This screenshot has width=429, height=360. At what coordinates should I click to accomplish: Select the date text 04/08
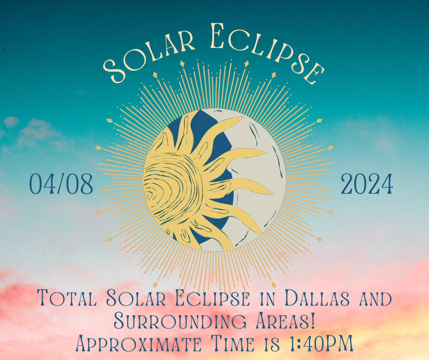click(x=61, y=185)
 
